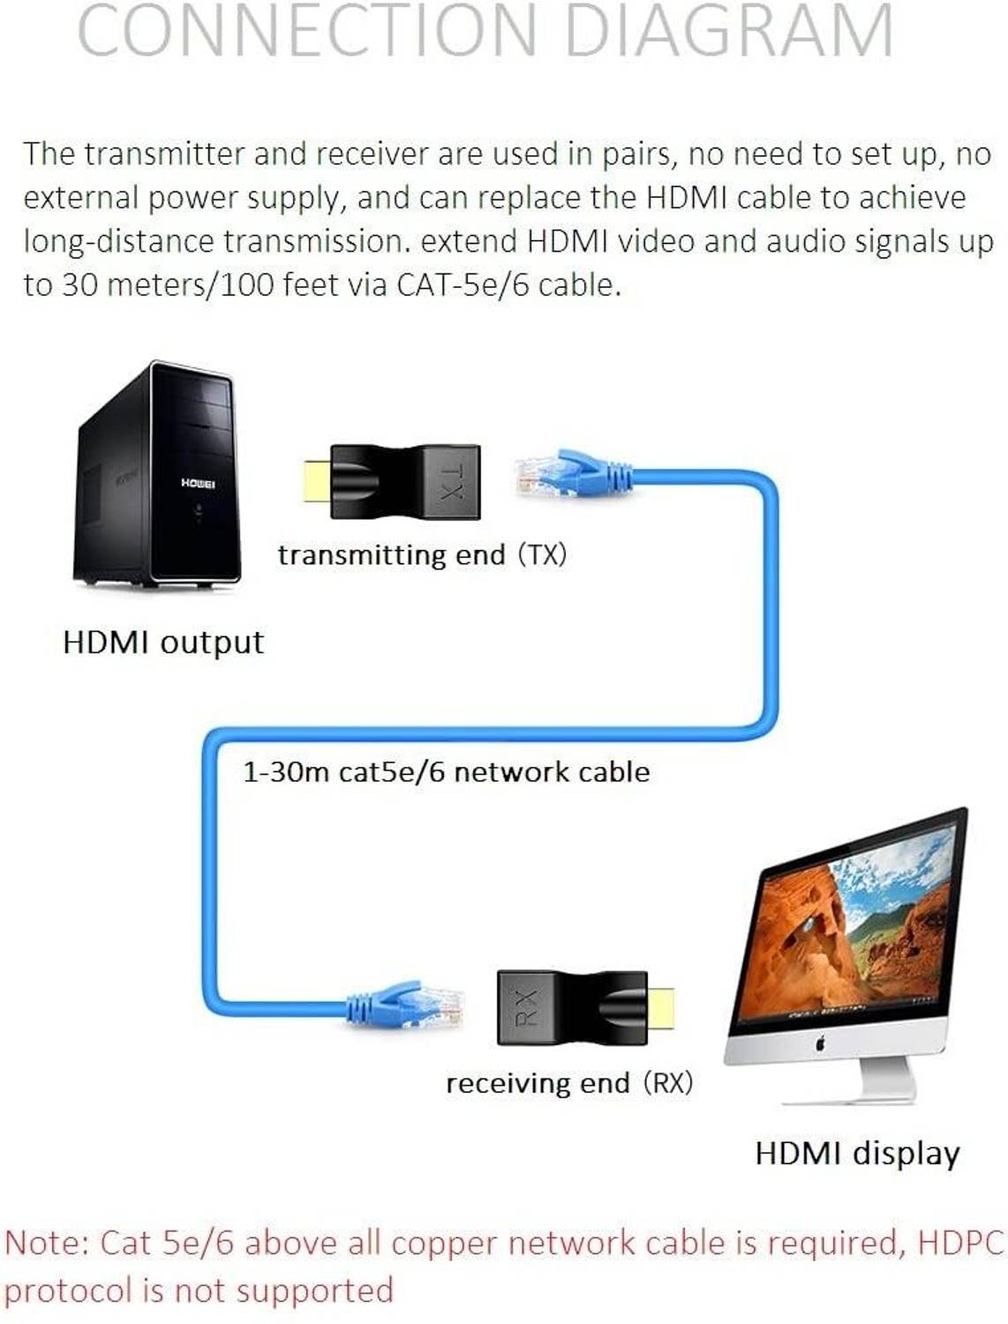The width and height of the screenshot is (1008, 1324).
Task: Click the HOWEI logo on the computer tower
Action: coord(197,483)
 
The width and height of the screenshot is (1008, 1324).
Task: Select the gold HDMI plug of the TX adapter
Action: coord(317,481)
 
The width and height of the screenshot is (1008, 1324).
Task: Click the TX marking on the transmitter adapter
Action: coord(451,482)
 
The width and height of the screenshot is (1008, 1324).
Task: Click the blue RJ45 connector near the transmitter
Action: coord(573,473)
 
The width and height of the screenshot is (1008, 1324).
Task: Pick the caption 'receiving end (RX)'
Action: coord(569,1083)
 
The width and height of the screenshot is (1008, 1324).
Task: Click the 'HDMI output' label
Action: coord(163,643)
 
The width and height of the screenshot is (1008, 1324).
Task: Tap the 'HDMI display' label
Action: coord(857,1155)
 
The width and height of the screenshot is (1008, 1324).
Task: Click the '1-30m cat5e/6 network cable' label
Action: coord(447,772)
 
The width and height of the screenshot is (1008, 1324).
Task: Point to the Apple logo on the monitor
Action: coord(820,1043)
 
